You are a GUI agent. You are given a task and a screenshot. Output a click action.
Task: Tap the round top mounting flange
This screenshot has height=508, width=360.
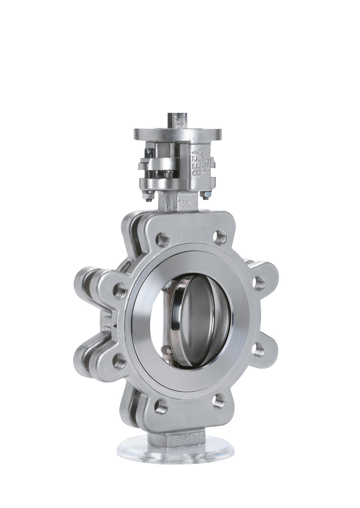(x=178, y=134)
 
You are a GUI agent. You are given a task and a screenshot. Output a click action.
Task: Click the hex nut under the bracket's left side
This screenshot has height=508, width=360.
(x=149, y=197)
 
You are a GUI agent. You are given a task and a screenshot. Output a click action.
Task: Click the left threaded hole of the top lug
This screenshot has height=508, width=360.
(x=162, y=239)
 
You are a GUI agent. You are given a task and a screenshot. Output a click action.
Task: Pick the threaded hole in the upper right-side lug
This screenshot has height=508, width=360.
(x=259, y=283)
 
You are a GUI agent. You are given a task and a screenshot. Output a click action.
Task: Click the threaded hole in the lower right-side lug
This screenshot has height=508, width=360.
(x=259, y=349)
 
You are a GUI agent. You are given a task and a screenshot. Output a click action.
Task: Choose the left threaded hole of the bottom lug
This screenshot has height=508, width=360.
(x=161, y=406)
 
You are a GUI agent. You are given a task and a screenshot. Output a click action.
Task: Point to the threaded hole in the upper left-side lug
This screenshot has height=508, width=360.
(x=120, y=291)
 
